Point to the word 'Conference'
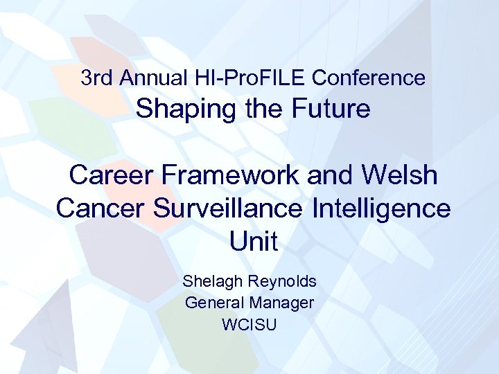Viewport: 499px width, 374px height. [x=369, y=78]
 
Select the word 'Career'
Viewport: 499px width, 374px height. [x=111, y=176]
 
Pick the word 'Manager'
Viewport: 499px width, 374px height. [x=282, y=303]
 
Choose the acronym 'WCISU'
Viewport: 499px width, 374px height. [x=249, y=323]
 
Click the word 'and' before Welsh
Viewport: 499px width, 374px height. [x=331, y=176]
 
